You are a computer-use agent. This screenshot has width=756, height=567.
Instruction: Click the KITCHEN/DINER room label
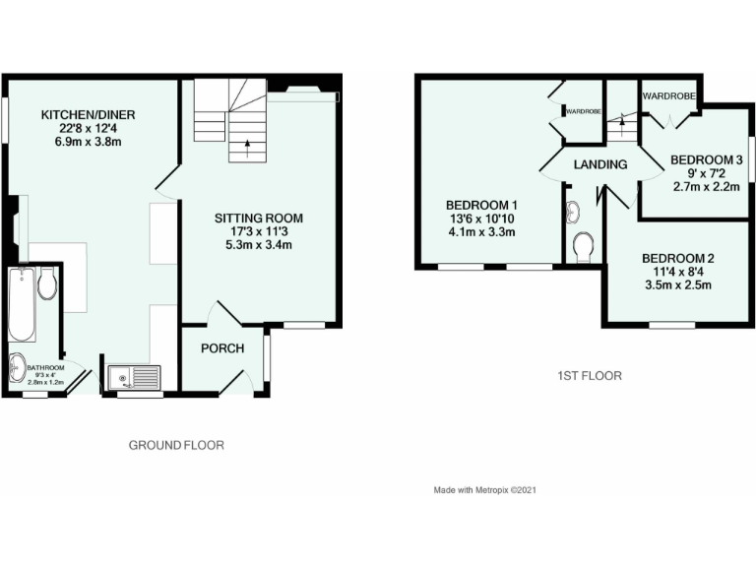click(88, 115)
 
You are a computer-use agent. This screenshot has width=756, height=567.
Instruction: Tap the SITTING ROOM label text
click(259, 219)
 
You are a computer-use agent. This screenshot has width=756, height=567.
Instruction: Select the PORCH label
click(221, 347)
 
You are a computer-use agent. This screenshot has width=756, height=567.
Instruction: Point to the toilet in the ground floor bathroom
click(47, 284)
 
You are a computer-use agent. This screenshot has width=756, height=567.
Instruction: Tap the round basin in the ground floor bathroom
click(19, 367)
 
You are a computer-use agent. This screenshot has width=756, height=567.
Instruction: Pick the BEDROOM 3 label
click(706, 159)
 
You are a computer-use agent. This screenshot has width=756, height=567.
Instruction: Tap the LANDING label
click(601, 164)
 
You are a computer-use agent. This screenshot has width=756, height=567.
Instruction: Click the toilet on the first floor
click(584, 243)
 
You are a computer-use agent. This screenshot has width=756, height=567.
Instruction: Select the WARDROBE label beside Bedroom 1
click(583, 112)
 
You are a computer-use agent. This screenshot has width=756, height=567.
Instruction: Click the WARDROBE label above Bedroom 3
click(668, 95)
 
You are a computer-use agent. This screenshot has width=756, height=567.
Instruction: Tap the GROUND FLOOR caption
click(176, 445)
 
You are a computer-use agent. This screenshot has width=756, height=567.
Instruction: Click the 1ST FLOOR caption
click(589, 375)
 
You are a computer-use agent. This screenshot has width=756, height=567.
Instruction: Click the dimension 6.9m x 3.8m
click(88, 142)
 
